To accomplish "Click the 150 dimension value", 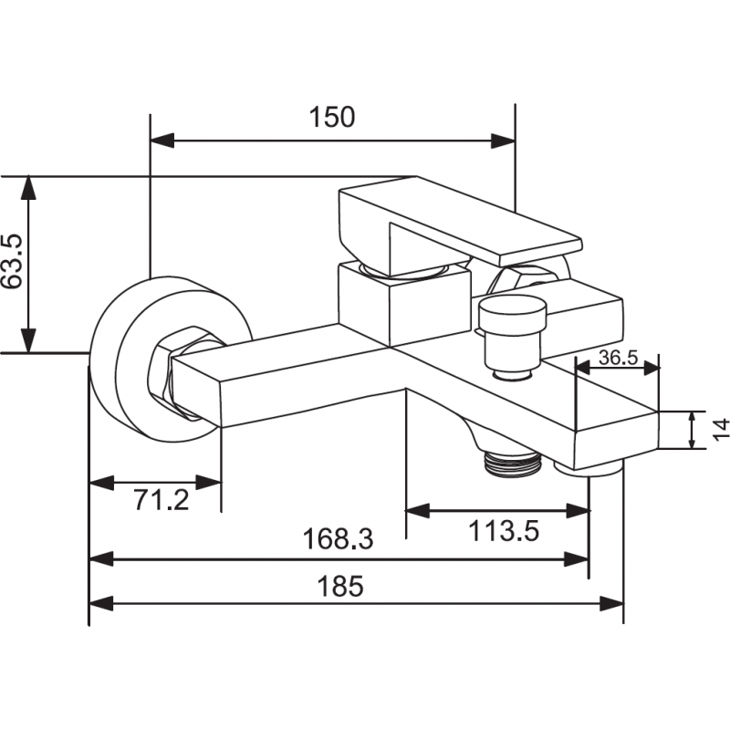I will pyautogui.click(x=332, y=118).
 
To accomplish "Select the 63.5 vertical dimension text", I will pyautogui.click(x=12, y=263).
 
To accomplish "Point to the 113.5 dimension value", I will pyautogui.click(x=503, y=529).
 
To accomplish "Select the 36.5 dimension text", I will pyautogui.click(x=618, y=357).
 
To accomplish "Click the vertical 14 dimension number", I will pyautogui.click(x=719, y=429).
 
